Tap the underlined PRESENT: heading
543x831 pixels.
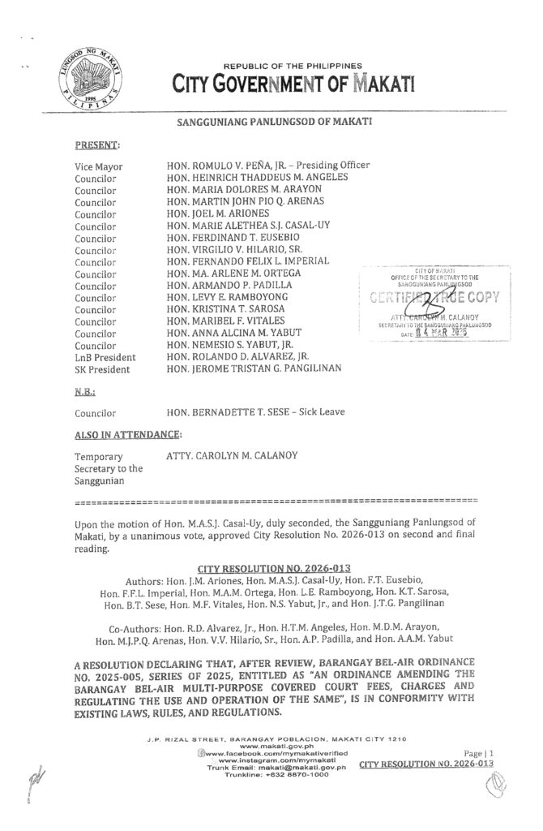[96, 145]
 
